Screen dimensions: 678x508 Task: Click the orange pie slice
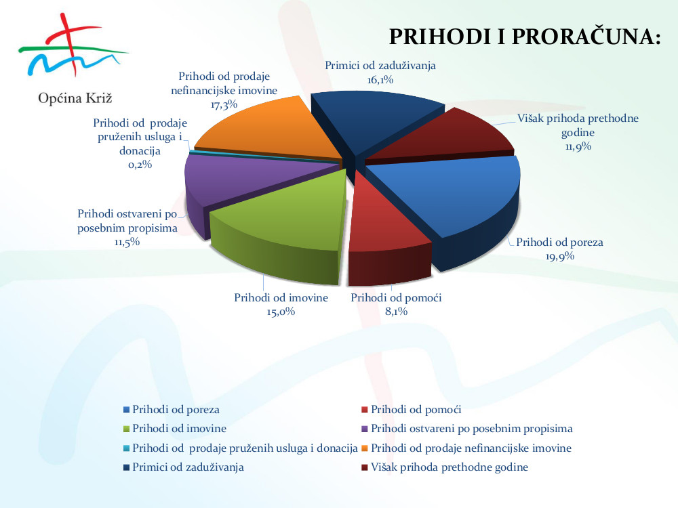point(268,129)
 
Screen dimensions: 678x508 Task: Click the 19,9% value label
point(559,256)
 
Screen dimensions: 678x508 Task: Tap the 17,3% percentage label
point(224,104)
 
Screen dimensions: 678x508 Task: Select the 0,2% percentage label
point(140,165)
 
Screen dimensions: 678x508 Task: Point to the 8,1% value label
point(396,311)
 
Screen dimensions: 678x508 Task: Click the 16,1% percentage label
point(380,79)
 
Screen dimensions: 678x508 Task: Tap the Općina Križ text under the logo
point(75,98)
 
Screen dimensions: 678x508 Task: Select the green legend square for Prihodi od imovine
point(126,429)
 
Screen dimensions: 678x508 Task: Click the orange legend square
point(365,448)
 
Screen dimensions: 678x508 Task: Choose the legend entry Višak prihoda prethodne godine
point(445,467)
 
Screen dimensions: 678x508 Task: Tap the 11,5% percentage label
point(127,242)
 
